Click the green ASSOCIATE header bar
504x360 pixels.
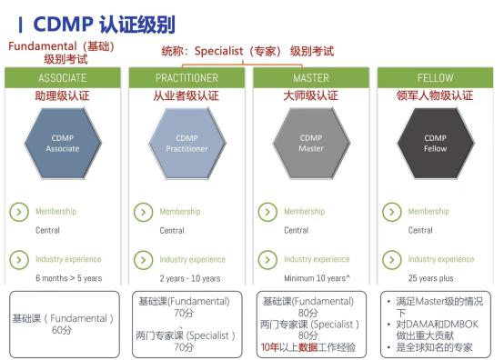(x=63, y=78)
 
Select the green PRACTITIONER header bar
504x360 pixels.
(x=186, y=78)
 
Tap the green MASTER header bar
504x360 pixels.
(x=310, y=78)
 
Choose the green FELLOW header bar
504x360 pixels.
(x=435, y=78)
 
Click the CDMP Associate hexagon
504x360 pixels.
(x=63, y=143)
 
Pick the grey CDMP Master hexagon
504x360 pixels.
(x=311, y=143)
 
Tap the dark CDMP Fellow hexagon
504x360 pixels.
(x=435, y=143)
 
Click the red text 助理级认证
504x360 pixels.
(x=63, y=95)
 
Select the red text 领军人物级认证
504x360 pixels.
(x=435, y=95)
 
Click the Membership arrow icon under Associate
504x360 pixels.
(x=19, y=212)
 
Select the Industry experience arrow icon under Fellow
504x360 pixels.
(x=391, y=259)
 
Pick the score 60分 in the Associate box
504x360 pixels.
(x=63, y=331)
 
